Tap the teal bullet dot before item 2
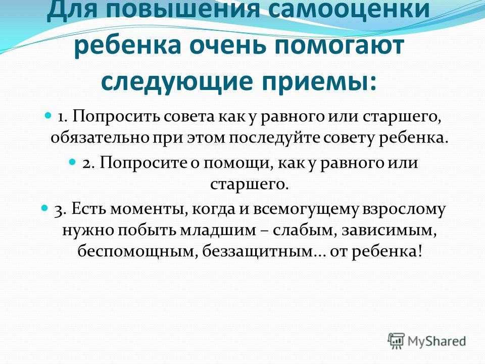click(72, 162)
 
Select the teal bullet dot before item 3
click(45, 208)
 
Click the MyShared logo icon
click(396, 341)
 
